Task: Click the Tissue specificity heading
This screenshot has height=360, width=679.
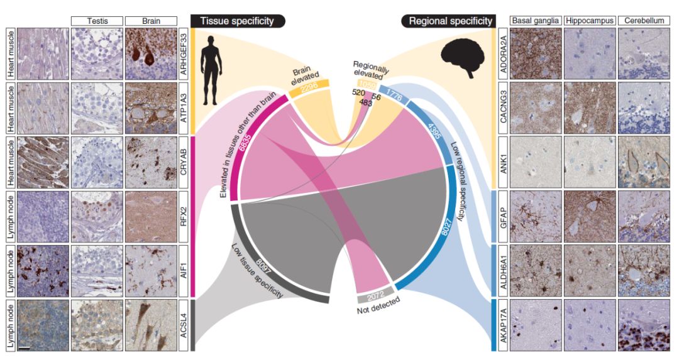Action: click(x=237, y=21)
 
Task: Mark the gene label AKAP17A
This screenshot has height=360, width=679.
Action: click(x=502, y=325)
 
